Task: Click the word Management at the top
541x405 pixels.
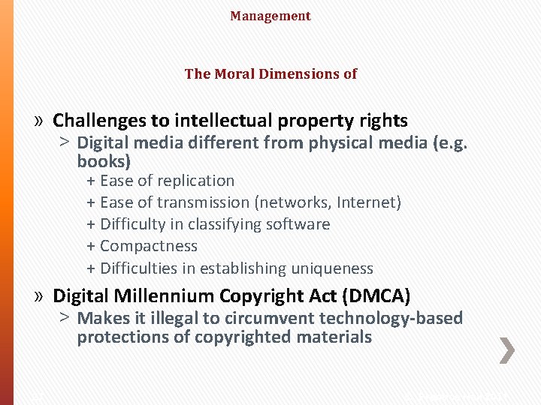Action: click(270, 16)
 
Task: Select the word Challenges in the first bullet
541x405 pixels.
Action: click(111, 120)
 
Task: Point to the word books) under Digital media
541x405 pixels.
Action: click(104, 160)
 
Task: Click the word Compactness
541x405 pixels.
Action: click(149, 246)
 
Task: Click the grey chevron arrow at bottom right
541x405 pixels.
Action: click(508, 349)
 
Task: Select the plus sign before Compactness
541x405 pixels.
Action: click(91, 247)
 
